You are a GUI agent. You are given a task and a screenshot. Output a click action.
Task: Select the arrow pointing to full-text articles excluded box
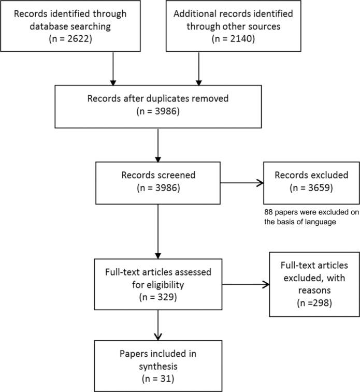click(x=248, y=283)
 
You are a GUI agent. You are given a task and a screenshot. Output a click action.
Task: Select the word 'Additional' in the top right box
click(x=199, y=14)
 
